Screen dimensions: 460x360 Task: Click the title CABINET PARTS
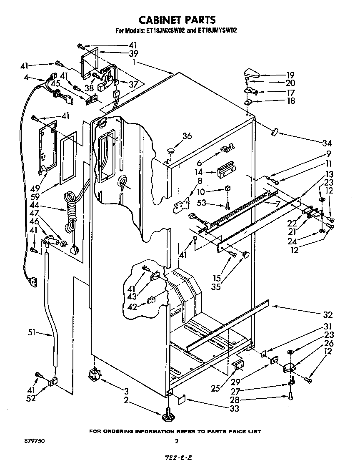tap(177, 20)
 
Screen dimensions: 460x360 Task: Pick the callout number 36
tap(187, 136)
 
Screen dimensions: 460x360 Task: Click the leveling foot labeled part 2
tap(168, 414)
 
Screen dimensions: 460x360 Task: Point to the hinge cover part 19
tap(252, 74)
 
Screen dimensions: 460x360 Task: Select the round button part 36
tap(171, 149)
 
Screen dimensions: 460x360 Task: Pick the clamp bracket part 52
tap(52, 381)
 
